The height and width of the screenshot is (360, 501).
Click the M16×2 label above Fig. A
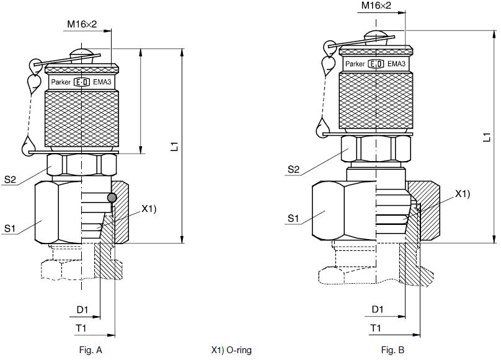point(82,24)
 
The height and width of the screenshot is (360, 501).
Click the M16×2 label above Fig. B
point(376,6)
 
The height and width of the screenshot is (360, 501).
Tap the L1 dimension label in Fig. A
point(174,146)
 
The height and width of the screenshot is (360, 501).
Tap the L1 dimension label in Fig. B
point(486,137)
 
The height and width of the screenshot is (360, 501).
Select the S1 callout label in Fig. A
point(9,229)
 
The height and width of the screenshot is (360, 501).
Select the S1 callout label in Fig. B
point(293,219)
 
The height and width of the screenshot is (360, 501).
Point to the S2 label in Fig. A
point(10,179)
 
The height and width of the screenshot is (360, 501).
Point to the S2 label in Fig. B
point(294,169)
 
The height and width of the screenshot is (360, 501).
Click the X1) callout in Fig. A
point(149,209)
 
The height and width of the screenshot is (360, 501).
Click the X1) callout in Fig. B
point(463,193)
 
